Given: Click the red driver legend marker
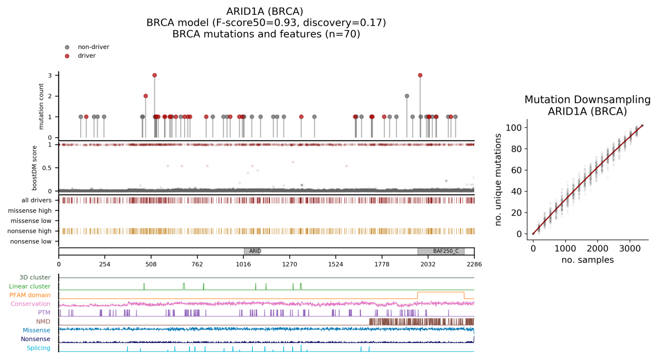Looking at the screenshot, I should pyautogui.click(x=67, y=56).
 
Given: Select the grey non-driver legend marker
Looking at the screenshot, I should pyautogui.click(x=67, y=47).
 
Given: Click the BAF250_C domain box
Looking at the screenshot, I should pyautogui.click(x=441, y=251).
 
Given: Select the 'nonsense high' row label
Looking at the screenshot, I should pyautogui.click(x=29, y=231).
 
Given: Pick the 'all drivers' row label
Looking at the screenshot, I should pyautogui.click(x=37, y=200).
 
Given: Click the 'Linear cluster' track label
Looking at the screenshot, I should pyautogui.click(x=30, y=286).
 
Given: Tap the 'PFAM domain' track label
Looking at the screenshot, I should pyautogui.click(x=30, y=295).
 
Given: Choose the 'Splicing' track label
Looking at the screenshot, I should pyautogui.click(x=39, y=348).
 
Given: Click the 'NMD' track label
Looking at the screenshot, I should pyautogui.click(x=43, y=321).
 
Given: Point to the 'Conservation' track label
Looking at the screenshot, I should pyautogui.click(x=31, y=304).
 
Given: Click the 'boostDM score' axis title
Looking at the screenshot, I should pyautogui.click(x=35, y=168).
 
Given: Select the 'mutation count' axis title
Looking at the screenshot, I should pyautogui.click(x=41, y=106).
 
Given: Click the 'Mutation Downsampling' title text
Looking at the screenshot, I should pyautogui.click(x=587, y=99).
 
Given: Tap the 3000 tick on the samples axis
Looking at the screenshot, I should pyautogui.click(x=630, y=249).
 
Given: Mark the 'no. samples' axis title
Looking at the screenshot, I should pyautogui.click(x=587, y=260).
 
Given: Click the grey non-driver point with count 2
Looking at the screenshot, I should pyautogui.click(x=407, y=96).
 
